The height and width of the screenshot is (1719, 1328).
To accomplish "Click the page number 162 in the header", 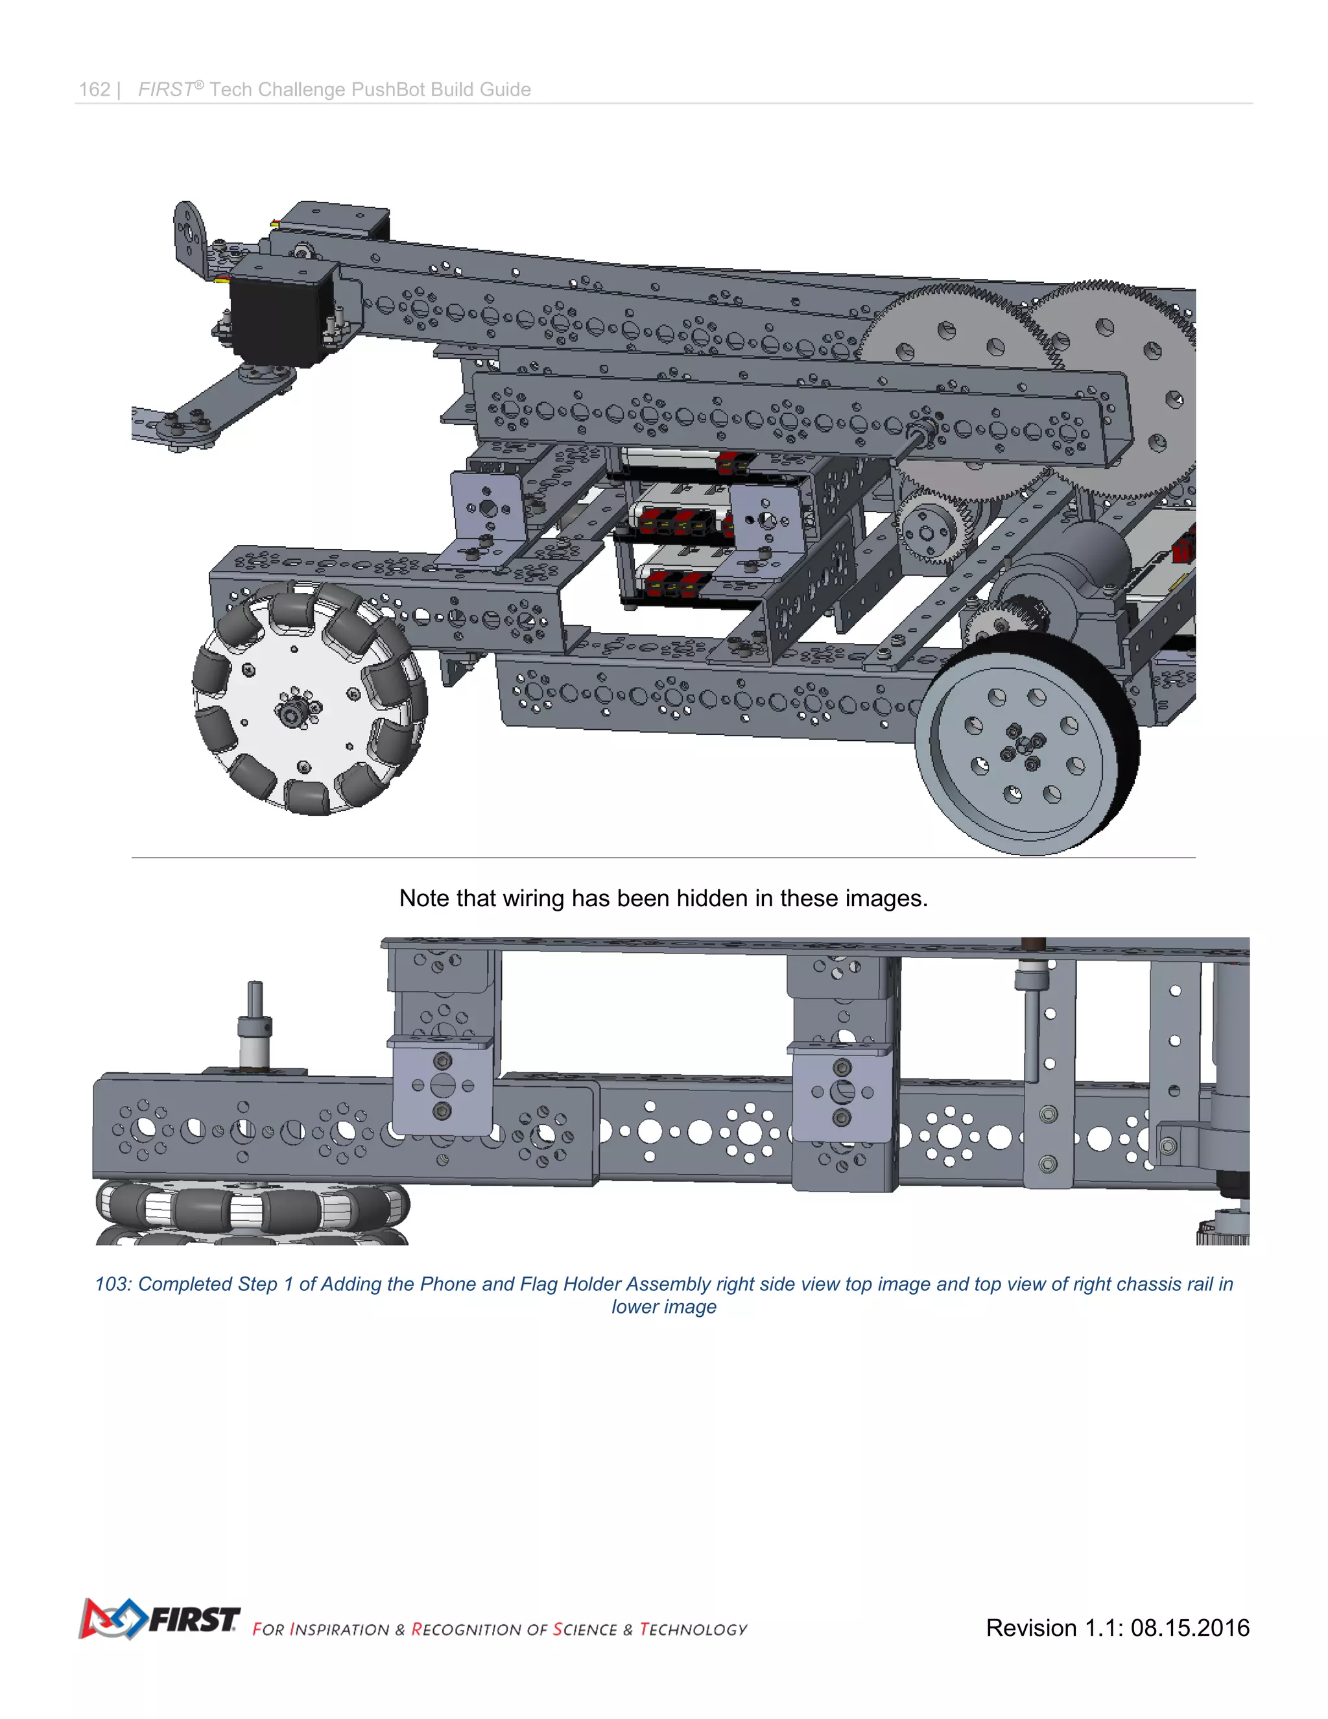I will (x=95, y=90).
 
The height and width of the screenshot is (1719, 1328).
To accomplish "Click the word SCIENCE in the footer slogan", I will (x=584, y=1629).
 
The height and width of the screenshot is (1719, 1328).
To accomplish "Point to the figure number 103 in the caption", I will (x=110, y=1284).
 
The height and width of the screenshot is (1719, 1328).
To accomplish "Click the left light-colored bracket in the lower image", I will (x=442, y=1086).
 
